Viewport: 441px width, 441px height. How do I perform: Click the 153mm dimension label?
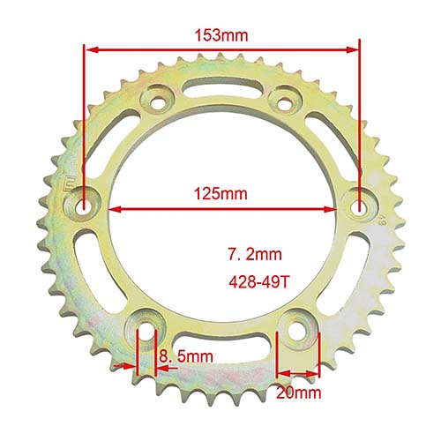pos(222,35)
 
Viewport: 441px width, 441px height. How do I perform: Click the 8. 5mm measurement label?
pos(187,357)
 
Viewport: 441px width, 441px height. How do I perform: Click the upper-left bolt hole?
pos(159,102)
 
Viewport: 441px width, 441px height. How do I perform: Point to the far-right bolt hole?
pos(359,206)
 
